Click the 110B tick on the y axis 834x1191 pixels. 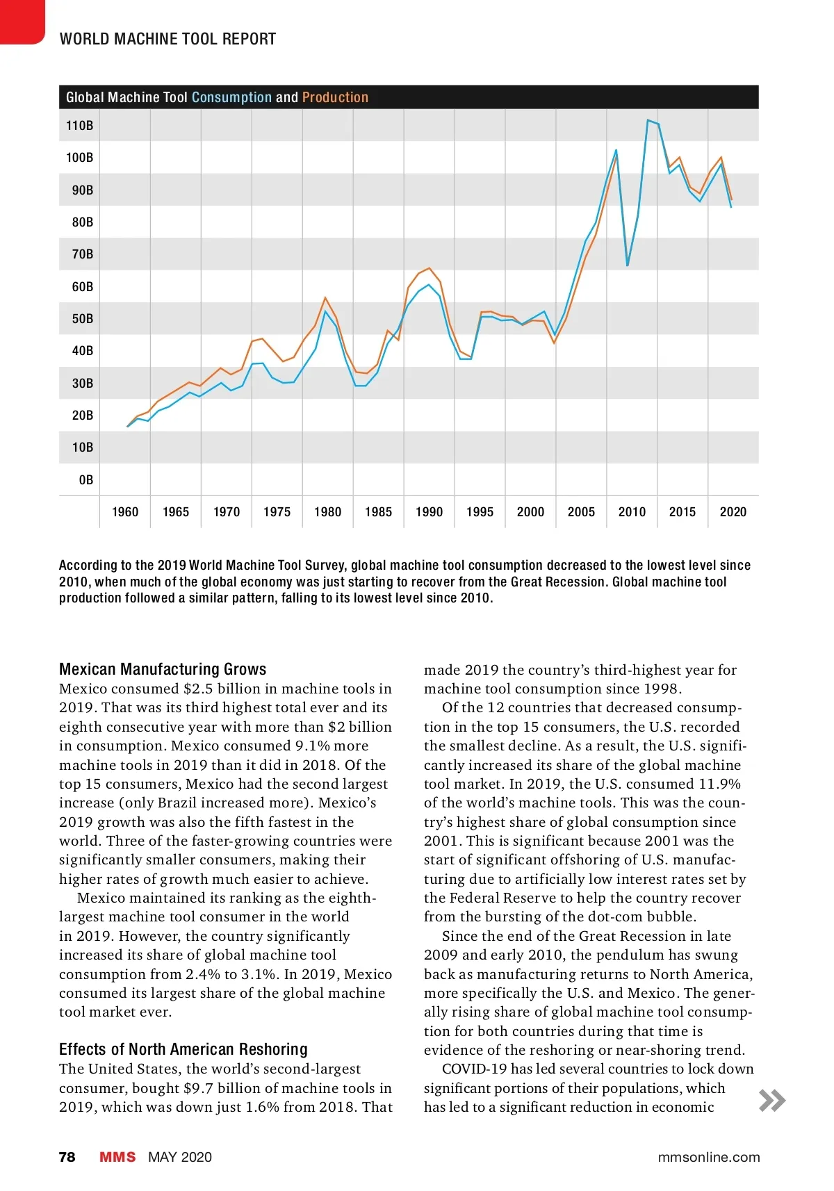tap(79, 126)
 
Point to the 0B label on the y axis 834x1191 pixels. tap(85, 480)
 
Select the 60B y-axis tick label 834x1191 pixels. tap(82, 287)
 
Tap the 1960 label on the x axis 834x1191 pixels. tap(125, 512)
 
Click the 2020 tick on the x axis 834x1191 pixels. tap(733, 512)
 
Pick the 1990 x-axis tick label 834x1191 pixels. tap(429, 512)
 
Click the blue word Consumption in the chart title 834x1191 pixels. tap(231, 97)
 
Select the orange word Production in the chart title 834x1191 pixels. tap(335, 97)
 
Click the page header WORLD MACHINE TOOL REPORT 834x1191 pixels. tap(167, 39)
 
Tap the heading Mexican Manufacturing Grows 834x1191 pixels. tap(163, 669)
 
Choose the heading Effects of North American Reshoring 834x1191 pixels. tap(183, 1049)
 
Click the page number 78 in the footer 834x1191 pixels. tap(67, 1157)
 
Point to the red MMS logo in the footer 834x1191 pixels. tap(117, 1157)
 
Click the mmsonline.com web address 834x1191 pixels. tap(709, 1157)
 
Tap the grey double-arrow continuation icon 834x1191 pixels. tap(772, 1101)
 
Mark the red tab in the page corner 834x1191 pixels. tap(21, 21)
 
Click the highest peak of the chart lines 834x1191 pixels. tap(648, 120)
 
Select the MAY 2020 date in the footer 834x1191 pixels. tap(180, 1157)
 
